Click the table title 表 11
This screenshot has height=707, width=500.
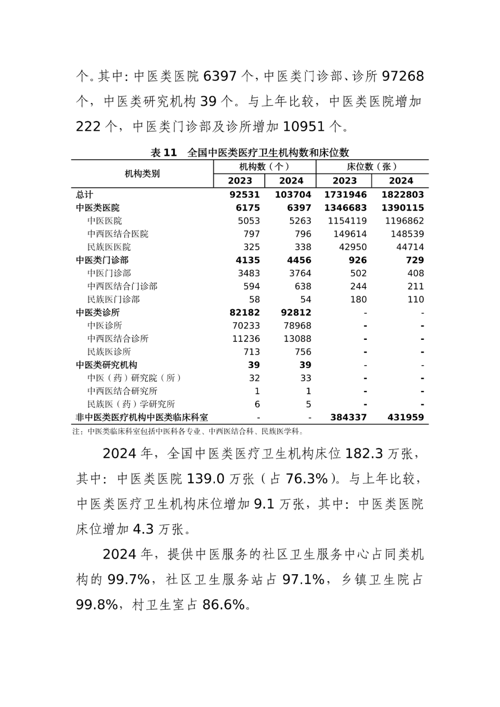[x=164, y=153]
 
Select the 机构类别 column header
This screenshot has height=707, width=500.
[x=142, y=174]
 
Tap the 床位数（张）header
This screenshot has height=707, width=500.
[x=372, y=167]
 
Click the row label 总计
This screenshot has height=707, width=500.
[x=84, y=194]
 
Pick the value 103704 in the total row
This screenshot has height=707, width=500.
[x=293, y=194]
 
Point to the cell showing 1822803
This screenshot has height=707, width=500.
[x=402, y=194]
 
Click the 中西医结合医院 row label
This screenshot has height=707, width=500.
[x=118, y=234]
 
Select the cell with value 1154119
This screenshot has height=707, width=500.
[x=347, y=221]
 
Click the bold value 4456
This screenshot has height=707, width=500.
[x=299, y=260]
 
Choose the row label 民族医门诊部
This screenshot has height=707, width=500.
[x=113, y=300]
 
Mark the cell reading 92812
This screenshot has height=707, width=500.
[x=296, y=313]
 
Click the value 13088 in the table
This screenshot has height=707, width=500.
[x=297, y=339]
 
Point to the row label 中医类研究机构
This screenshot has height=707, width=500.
[x=106, y=365]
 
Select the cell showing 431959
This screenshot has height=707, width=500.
[x=405, y=417]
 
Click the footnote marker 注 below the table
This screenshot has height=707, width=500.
[x=76, y=432]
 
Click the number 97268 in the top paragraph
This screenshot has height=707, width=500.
[x=403, y=76]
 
